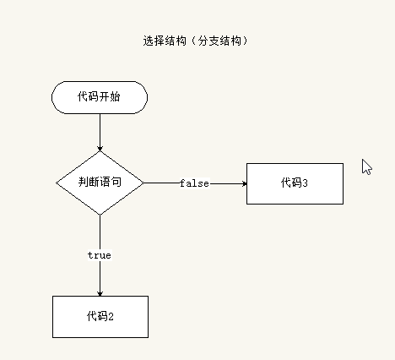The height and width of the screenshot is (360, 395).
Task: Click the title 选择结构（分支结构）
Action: click(196, 41)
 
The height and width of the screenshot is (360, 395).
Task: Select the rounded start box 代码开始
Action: click(100, 97)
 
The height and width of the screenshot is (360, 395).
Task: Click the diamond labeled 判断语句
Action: click(100, 183)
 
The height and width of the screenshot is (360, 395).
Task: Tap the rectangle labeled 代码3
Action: click(295, 183)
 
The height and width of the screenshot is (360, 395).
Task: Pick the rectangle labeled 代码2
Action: click(100, 317)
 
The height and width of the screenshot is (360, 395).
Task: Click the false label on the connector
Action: click(195, 183)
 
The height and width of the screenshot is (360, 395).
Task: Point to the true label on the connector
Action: click(100, 255)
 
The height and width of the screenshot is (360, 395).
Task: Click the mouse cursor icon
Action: click(366, 166)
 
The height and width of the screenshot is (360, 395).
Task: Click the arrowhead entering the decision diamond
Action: click(100, 149)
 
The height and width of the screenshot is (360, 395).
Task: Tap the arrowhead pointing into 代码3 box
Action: click(244, 183)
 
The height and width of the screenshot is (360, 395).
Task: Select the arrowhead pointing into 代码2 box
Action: click(100, 293)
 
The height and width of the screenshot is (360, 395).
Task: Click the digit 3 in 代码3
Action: click(305, 183)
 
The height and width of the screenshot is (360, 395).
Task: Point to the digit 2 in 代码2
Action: click(111, 317)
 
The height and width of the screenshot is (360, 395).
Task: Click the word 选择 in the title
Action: click(154, 41)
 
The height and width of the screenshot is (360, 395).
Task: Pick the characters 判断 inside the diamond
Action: click(89, 182)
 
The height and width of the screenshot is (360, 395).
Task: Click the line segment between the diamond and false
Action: click(162, 183)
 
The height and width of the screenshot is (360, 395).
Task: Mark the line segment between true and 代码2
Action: click(100, 278)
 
